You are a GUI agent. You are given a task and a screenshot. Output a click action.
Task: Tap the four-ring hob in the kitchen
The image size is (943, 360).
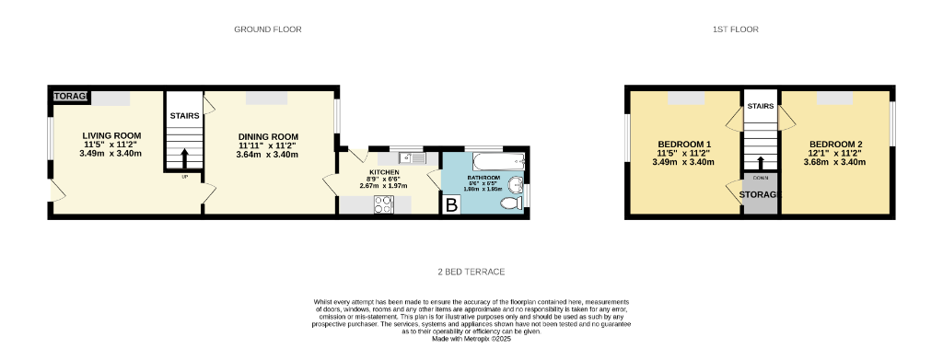click(x=382, y=205)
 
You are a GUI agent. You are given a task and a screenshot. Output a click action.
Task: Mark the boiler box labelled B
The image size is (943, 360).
click(x=451, y=205)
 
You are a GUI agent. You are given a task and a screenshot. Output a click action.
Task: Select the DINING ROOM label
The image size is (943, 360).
click(x=268, y=135)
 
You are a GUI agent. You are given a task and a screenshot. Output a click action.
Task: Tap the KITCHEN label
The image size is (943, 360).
click(x=384, y=172)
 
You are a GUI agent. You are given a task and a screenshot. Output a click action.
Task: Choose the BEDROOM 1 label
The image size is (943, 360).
click(x=684, y=144)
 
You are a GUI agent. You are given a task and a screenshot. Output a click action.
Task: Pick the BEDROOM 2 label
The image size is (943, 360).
click(x=835, y=144)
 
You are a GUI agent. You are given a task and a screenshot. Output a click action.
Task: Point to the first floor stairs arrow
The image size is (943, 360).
click(x=760, y=162)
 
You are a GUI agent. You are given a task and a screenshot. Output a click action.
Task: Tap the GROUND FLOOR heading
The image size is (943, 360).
click(x=268, y=29)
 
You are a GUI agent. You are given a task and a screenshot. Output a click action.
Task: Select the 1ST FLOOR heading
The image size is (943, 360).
click(x=735, y=29)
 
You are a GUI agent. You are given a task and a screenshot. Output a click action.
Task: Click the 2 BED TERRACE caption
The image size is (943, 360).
click(x=471, y=272)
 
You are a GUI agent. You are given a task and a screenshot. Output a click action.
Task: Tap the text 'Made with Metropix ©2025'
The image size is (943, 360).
click(x=471, y=338)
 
